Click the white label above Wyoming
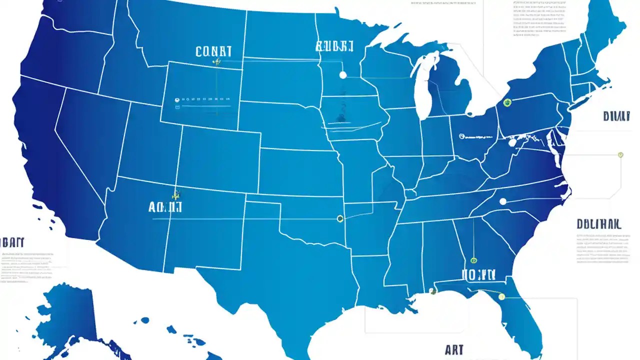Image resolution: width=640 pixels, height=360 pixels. (x=213, y=51)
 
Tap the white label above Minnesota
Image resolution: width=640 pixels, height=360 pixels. (x=334, y=46)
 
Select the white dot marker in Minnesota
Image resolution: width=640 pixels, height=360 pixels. (x=342, y=75)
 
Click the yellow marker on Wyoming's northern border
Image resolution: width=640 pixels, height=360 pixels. (x=216, y=62)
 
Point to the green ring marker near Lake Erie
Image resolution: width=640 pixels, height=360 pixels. (x=507, y=102)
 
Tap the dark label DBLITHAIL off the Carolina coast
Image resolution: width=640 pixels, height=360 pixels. (x=598, y=224)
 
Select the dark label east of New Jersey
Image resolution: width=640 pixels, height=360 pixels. (x=616, y=116)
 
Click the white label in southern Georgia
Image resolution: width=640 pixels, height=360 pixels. (x=478, y=274)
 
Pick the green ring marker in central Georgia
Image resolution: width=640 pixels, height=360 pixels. (x=473, y=260)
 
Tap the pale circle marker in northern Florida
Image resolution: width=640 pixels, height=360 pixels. (x=501, y=296)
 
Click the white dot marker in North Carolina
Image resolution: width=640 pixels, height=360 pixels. (x=503, y=201)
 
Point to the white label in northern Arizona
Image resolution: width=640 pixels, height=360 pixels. (x=165, y=207)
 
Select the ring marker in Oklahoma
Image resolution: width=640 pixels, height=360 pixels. (x=340, y=218)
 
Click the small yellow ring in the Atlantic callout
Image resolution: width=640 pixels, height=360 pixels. (x=620, y=155)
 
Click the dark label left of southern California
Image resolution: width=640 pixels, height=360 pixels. (x=12, y=242)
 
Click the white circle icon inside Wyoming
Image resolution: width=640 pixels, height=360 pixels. (x=177, y=100)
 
